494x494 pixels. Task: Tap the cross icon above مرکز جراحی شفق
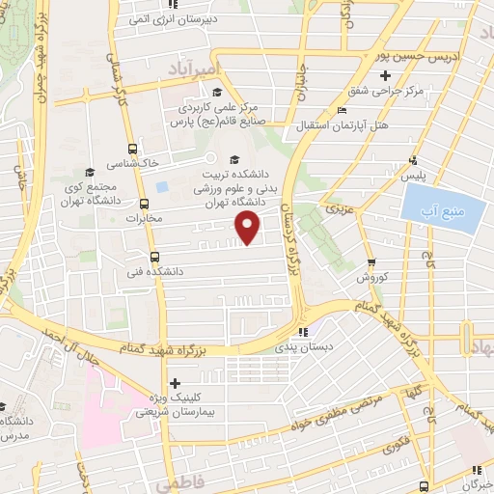(385, 75)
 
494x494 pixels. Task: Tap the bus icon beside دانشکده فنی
(155, 256)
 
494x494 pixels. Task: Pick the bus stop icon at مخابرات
(145, 204)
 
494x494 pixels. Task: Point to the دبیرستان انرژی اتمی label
(192, 16)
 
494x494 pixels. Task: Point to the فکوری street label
(394, 446)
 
